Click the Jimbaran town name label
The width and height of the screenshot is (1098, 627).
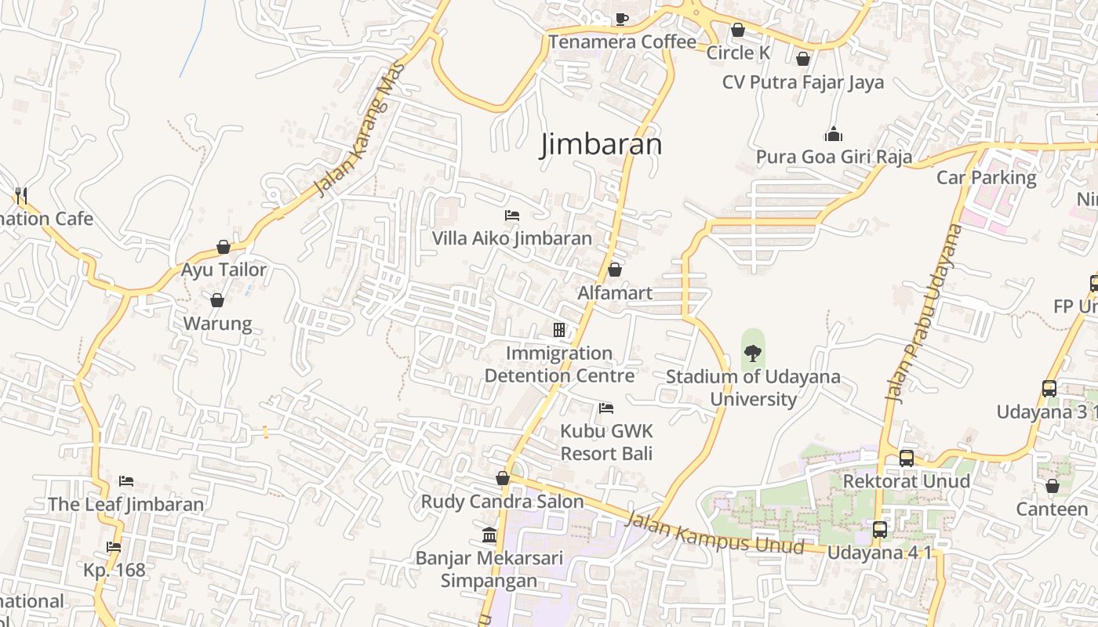(601, 145)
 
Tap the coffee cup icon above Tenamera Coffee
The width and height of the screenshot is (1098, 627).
(621, 19)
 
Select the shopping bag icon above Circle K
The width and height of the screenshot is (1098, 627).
(738, 31)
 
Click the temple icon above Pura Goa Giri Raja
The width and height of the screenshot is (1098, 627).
(833, 134)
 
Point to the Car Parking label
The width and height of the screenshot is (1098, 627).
(986, 178)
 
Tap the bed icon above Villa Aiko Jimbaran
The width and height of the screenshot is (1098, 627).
(512, 215)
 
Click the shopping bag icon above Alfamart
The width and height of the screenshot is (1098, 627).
(615, 270)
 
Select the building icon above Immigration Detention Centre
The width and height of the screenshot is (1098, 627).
(559, 330)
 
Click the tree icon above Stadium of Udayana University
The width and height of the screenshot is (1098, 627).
(752, 353)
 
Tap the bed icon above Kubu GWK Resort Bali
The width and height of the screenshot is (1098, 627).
(605, 408)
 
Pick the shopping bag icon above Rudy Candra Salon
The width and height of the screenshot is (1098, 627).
(503, 478)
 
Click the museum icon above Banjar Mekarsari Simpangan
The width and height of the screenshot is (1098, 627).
(489, 535)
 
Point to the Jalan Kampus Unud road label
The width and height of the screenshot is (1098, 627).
(715, 532)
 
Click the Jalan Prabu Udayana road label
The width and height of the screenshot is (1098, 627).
(923, 313)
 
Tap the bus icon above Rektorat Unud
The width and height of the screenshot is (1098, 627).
(907, 458)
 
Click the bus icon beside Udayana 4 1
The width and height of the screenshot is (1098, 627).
(880, 530)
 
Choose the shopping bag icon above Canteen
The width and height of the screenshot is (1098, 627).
(1053, 486)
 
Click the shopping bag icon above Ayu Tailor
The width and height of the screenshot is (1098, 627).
(224, 247)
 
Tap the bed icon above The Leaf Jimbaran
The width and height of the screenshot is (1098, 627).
(126, 480)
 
